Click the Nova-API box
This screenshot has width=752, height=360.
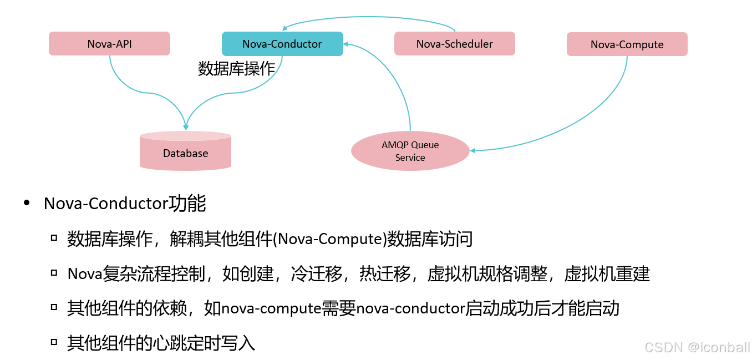(109, 44)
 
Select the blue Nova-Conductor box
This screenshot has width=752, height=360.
(282, 44)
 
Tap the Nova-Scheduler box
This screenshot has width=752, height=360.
(454, 44)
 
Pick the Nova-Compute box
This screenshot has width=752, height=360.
(627, 44)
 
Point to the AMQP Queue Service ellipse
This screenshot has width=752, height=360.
(410, 151)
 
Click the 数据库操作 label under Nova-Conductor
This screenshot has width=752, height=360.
(237, 68)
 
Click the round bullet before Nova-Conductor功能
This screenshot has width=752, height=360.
(27, 204)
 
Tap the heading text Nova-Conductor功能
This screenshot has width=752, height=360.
(125, 204)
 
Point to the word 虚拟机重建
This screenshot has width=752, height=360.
(607, 273)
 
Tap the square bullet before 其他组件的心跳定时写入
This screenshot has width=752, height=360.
(54, 342)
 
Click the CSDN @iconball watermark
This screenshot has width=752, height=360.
(697, 347)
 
